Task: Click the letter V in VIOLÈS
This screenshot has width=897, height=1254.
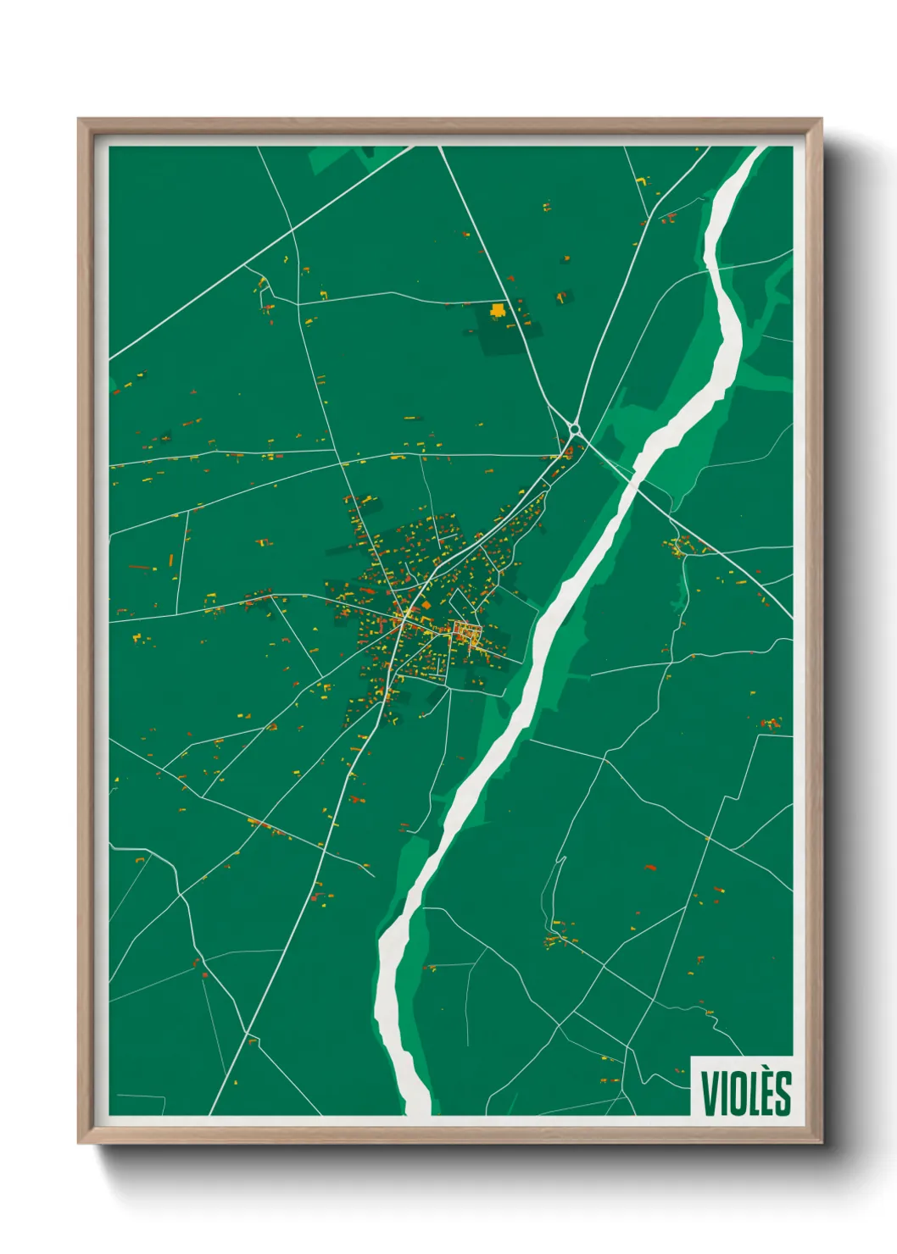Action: pos(710,1093)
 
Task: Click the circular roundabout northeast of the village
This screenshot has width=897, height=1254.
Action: pos(576,430)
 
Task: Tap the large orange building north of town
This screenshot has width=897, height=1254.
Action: pos(498,311)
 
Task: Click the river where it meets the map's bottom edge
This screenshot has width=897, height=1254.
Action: pos(417,1108)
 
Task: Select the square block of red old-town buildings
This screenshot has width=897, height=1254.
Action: pos(467,631)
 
